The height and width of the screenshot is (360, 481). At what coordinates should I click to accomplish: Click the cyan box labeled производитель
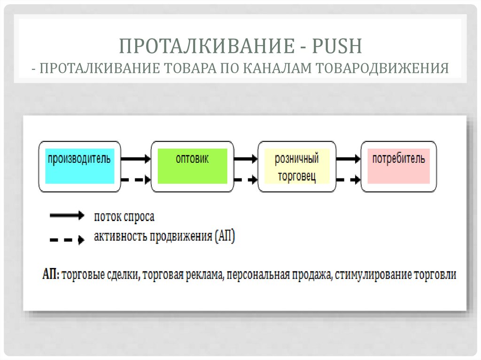[79, 166]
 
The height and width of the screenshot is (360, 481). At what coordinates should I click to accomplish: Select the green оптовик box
[192, 166]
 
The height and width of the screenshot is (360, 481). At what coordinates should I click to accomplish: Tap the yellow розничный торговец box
[297, 166]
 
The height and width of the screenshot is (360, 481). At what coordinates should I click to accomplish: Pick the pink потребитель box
[399, 166]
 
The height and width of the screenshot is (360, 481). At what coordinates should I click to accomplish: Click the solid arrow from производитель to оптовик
[136, 159]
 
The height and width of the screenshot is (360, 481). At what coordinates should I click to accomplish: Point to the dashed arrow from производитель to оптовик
[136, 179]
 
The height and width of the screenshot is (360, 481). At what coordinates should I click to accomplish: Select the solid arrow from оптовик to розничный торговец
[246, 159]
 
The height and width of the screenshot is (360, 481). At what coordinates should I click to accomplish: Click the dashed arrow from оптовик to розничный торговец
[246, 179]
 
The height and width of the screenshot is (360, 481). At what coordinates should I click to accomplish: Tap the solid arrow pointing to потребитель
[349, 159]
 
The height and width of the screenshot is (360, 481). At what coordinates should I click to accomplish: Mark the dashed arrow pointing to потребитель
[349, 179]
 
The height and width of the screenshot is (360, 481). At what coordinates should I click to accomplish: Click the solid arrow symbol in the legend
[67, 216]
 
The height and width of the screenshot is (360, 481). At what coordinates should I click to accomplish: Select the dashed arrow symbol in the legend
[67, 239]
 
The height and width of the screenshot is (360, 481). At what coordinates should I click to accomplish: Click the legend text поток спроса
[124, 217]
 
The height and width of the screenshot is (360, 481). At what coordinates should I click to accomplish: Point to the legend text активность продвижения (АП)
[164, 237]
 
